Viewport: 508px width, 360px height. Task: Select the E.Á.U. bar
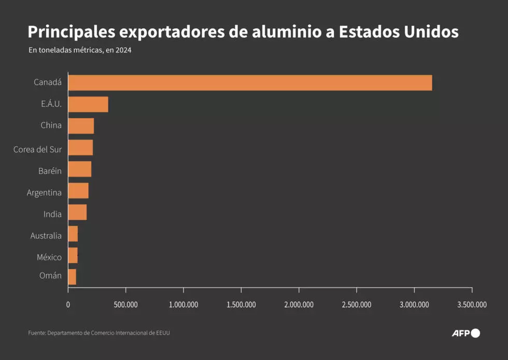point(88,104)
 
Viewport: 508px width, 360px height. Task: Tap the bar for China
point(81,126)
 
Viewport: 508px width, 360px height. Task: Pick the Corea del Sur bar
point(80,148)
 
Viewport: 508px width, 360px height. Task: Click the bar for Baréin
point(80,169)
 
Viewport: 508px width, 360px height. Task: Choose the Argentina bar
point(78,191)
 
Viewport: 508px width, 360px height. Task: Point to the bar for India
point(77,212)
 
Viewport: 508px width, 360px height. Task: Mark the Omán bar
point(72,277)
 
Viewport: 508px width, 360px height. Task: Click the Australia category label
point(46,236)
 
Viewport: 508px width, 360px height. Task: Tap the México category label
point(49,257)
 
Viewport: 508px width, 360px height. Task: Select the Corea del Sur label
point(37,150)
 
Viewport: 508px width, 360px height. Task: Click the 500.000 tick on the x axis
point(125,305)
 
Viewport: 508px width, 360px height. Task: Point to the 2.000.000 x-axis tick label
point(299,305)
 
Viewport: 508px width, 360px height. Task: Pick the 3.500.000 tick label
point(472,305)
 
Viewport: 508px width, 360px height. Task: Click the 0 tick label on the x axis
point(68,305)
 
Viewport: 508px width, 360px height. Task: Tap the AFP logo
point(465,333)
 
